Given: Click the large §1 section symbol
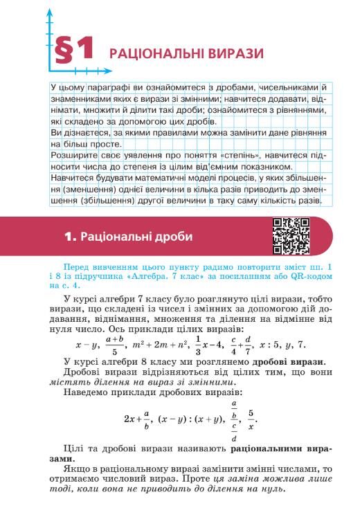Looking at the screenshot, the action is (x=72, y=51).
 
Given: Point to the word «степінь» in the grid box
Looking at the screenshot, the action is (x=244, y=156).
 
